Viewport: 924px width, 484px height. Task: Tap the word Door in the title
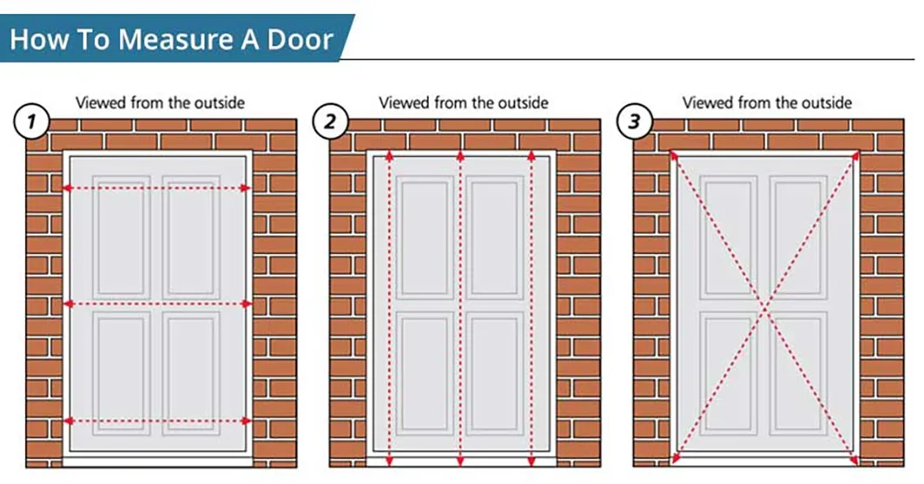pos(300,39)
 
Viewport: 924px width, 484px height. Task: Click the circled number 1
pos(31,122)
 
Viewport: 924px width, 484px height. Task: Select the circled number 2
pos(330,122)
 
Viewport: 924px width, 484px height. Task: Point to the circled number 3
pos(634,122)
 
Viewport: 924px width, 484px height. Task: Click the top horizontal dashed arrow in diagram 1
pos(157,188)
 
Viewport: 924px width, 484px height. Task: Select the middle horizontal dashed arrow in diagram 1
pos(157,304)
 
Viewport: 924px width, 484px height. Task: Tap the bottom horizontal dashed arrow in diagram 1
pos(157,421)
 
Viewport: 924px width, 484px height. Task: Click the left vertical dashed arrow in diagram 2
pos(389,309)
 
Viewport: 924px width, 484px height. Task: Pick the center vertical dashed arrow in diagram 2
pos(460,309)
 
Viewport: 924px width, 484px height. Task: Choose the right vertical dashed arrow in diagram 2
pos(532,309)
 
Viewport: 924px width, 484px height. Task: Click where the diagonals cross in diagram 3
pos(764,308)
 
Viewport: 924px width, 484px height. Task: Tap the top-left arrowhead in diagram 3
pos(673,155)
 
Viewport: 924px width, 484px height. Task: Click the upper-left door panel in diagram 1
pos(122,235)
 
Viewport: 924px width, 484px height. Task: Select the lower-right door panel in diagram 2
pos(494,374)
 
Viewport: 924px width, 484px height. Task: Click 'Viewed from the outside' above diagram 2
pos(463,103)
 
